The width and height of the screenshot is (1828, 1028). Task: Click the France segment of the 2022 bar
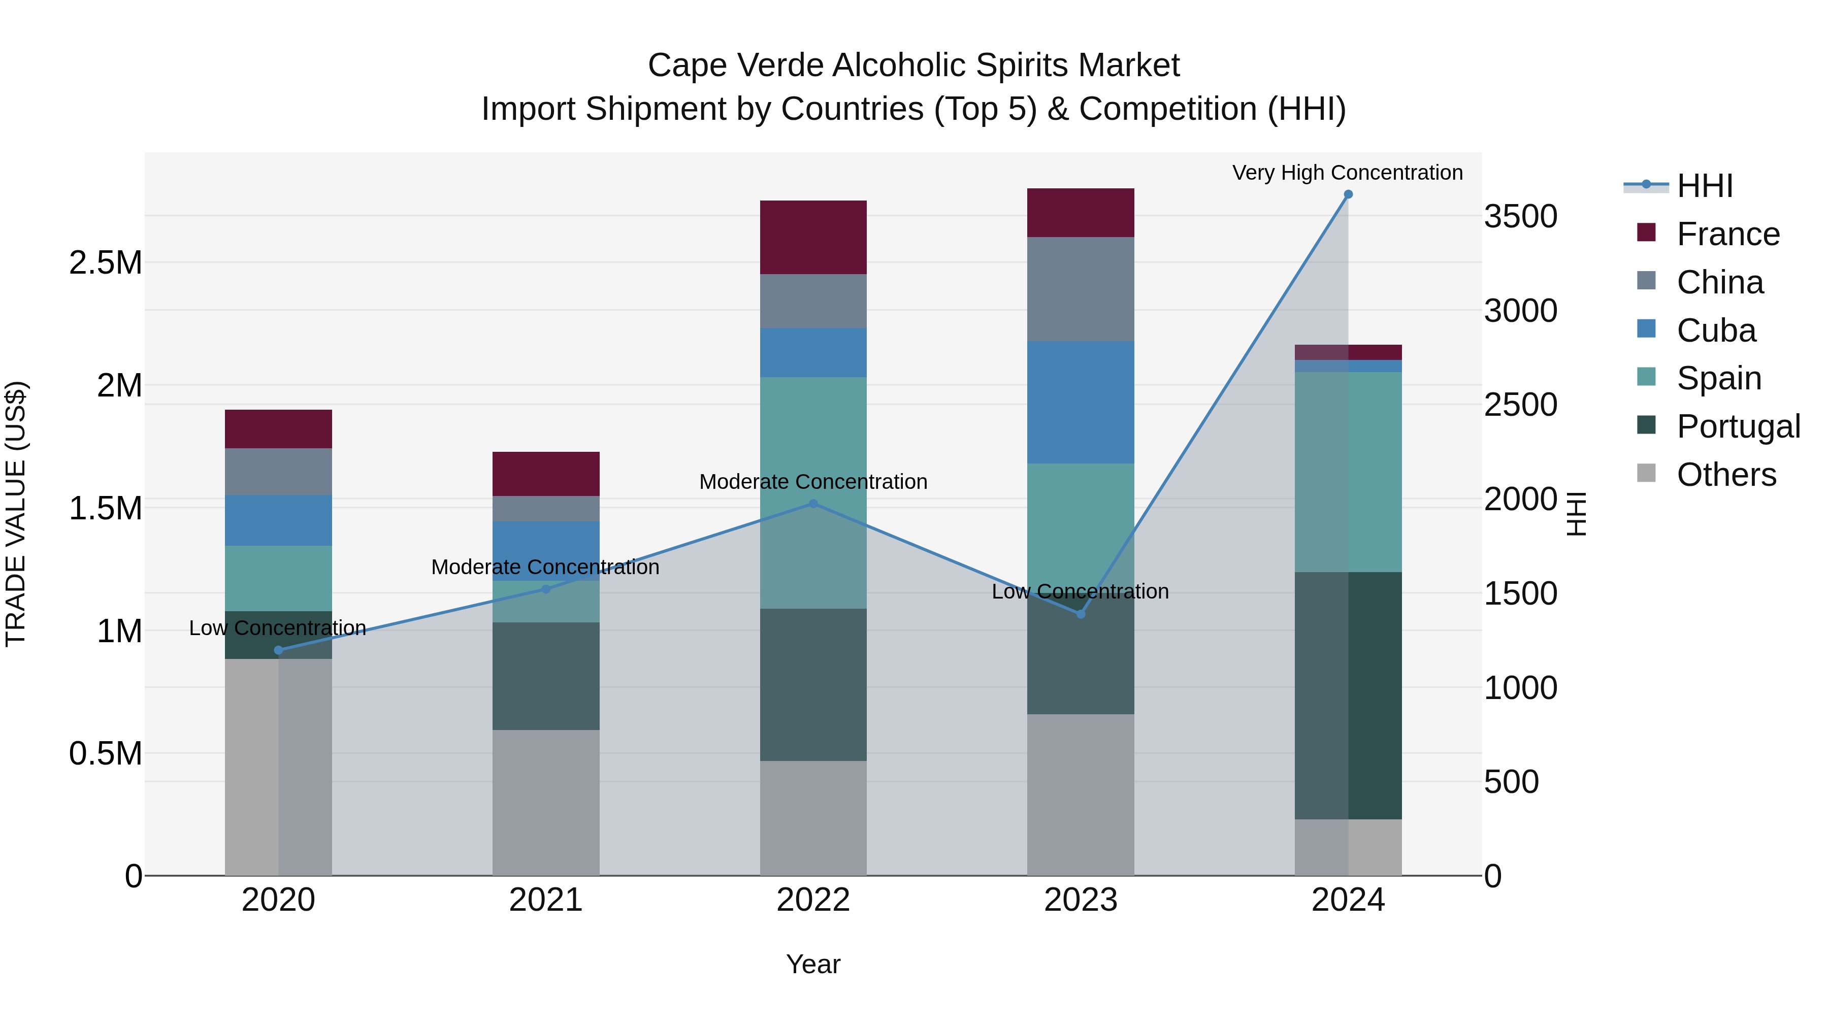(x=813, y=237)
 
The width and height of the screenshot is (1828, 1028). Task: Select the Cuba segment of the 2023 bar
(x=1080, y=402)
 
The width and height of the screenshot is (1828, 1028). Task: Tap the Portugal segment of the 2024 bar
(x=1348, y=695)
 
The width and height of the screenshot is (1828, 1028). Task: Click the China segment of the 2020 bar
(x=278, y=471)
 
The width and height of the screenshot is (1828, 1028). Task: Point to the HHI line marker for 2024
(x=1348, y=194)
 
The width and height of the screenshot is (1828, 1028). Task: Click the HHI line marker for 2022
(x=813, y=504)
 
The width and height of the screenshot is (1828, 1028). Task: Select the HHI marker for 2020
(x=278, y=650)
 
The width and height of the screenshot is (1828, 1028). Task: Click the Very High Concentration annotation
(x=1347, y=173)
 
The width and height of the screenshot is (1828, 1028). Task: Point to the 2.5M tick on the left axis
(x=105, y=262)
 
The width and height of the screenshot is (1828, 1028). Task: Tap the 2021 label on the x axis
(x=546, y=900)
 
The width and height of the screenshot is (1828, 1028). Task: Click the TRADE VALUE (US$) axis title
(x=16, y=514)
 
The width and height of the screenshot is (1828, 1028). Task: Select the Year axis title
(x=813, y=964)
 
